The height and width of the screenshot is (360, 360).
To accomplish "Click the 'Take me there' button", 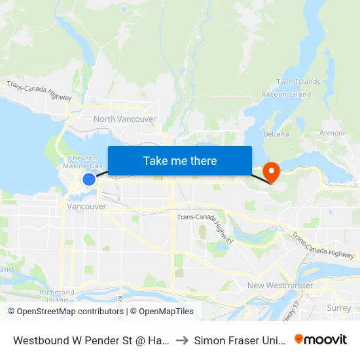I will (x=180, y=160).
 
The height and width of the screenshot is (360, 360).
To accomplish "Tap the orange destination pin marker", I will (x=270, y=172).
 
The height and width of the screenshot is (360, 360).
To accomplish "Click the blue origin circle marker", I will (x=89, y=179).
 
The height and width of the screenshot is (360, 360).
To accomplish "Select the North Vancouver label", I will (x=124, y=119).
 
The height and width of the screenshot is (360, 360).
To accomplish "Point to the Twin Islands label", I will (x=298, y=82).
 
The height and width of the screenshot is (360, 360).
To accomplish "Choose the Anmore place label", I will (x=332, y=133).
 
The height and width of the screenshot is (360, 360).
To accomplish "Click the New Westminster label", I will (x=279, y=285).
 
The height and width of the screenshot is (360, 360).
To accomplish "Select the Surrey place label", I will (x=338, y=308).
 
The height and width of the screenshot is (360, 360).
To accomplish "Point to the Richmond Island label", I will (x=57, y=296).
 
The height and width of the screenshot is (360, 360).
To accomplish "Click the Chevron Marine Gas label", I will (x=82, y=162).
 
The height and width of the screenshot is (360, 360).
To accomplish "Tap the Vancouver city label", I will (x=86, y=206).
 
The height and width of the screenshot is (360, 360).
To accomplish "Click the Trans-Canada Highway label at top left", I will (x=39, y=90).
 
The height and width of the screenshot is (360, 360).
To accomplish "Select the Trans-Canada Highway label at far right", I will (x=323, y=244).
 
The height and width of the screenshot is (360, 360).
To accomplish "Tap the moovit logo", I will (x=321, y=339).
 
